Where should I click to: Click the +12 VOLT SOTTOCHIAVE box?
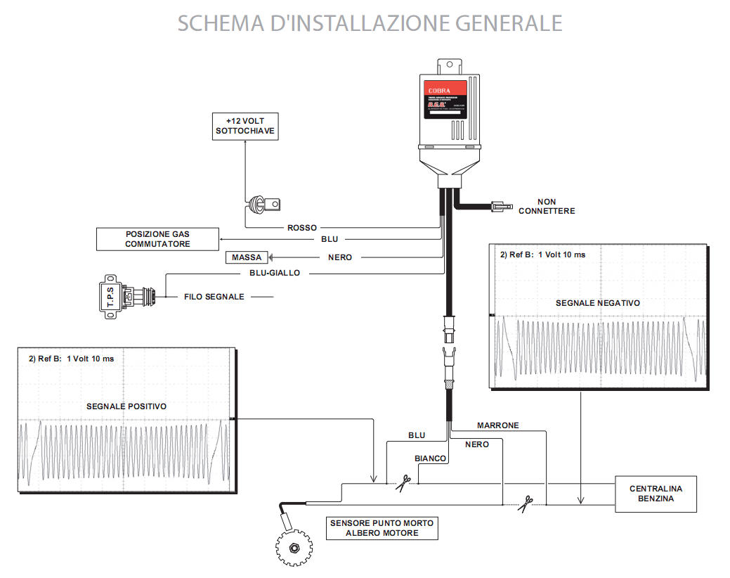[x=245, y=125]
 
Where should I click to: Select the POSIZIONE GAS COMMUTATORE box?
[x=157, y=239]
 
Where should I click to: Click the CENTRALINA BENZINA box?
[x=656, y=493]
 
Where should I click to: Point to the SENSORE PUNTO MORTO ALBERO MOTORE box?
[x=382, y=527]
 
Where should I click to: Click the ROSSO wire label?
[x=302, y=228]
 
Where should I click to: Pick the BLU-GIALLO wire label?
[x=275, y=273]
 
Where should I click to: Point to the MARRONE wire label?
[x=497, y=425]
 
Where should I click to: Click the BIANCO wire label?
[x=430, y=458]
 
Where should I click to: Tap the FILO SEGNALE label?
[x=214, y=297]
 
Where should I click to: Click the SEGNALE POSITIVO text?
[x=126, y=406]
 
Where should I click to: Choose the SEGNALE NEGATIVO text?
[x=598, y=302]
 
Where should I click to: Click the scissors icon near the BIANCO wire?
[x=402, y=482]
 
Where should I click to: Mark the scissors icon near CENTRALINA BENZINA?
[x=525, y=503]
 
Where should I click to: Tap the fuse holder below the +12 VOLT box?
[x=263, y=204]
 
